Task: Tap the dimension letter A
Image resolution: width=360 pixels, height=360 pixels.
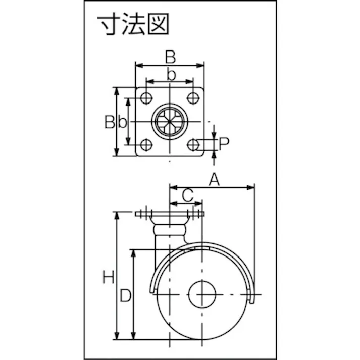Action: click(215, 178)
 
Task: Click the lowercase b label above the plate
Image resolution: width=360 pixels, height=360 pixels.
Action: click(171, 75)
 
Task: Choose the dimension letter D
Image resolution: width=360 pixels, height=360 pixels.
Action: click(126, 295)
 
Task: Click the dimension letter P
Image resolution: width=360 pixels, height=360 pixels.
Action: click(224, 143)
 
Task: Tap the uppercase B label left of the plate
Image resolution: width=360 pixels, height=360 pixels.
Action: click(110, 122)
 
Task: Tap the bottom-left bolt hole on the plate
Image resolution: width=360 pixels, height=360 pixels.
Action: click(146, 145)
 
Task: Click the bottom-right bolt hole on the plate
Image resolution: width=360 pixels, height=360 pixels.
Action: click(193, 145)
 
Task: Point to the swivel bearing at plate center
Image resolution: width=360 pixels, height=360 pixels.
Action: click(170, 122)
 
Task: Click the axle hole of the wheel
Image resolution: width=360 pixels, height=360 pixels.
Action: click(202, 293)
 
